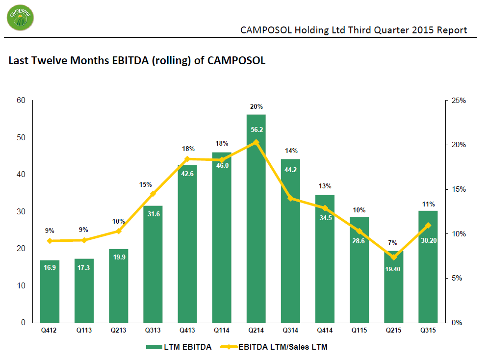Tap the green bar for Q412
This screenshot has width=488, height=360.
50,291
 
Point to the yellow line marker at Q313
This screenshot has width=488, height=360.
153,194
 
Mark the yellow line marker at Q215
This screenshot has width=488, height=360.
393,257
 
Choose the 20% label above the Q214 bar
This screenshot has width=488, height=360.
256,106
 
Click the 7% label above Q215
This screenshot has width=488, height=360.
393,243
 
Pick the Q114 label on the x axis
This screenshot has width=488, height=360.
222,331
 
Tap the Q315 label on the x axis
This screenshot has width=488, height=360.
428,331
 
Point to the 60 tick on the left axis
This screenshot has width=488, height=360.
21,101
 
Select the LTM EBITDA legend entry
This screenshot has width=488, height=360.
179,347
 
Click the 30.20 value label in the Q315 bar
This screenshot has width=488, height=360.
428,240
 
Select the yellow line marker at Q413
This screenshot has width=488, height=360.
187,159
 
